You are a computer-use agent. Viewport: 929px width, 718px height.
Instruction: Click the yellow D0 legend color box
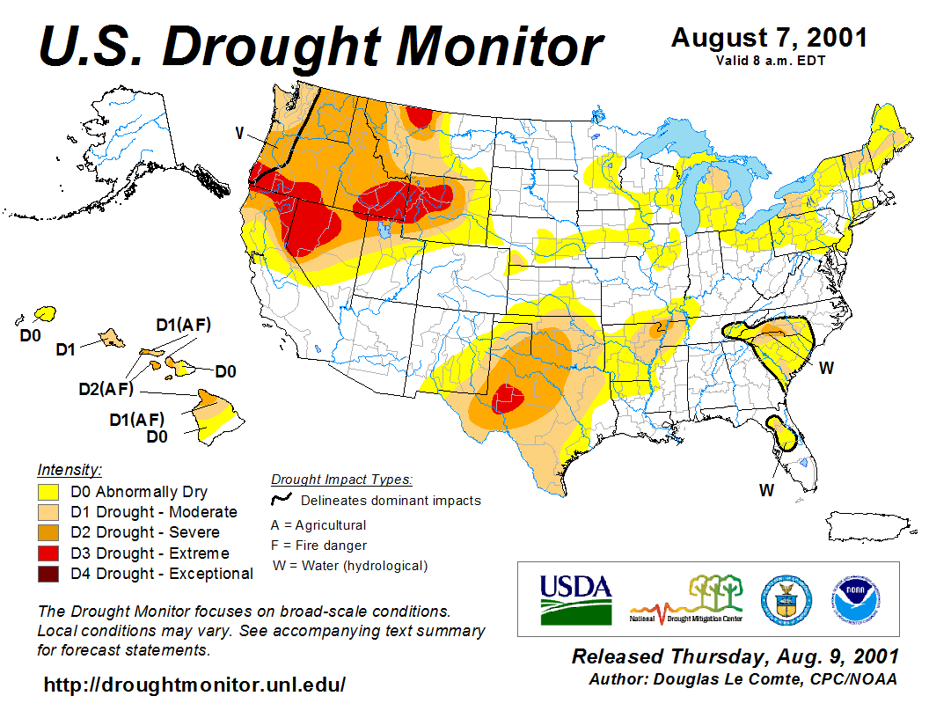coord(48,492)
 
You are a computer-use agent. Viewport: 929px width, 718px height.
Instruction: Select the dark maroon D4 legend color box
coord(48,574)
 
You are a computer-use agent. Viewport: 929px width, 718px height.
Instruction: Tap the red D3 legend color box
coord(48,553)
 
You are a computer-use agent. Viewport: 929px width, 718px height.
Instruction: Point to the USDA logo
coord(575,598)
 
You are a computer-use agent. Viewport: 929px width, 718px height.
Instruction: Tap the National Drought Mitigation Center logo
coord(687,598)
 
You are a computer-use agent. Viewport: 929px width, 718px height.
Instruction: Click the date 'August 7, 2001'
coord(769,38)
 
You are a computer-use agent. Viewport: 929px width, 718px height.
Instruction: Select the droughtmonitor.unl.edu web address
coord(194,684)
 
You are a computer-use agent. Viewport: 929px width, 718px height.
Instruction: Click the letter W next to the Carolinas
coord(826,368)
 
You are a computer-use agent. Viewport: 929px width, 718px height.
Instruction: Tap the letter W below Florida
coord(766,490)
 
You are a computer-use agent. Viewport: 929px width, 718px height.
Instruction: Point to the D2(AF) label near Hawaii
coord(105,388)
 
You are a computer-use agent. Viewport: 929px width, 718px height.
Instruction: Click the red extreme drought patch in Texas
coord(508,398)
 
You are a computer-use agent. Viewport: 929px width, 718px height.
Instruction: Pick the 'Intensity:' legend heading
coord(69,469)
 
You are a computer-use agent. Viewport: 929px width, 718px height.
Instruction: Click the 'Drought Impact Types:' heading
coord(341,480)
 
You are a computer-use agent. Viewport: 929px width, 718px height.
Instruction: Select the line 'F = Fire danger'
coord(318,546)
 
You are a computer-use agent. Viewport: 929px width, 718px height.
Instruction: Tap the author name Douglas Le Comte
coord(762,679)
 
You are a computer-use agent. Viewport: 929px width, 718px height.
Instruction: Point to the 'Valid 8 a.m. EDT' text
coord(769,60)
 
